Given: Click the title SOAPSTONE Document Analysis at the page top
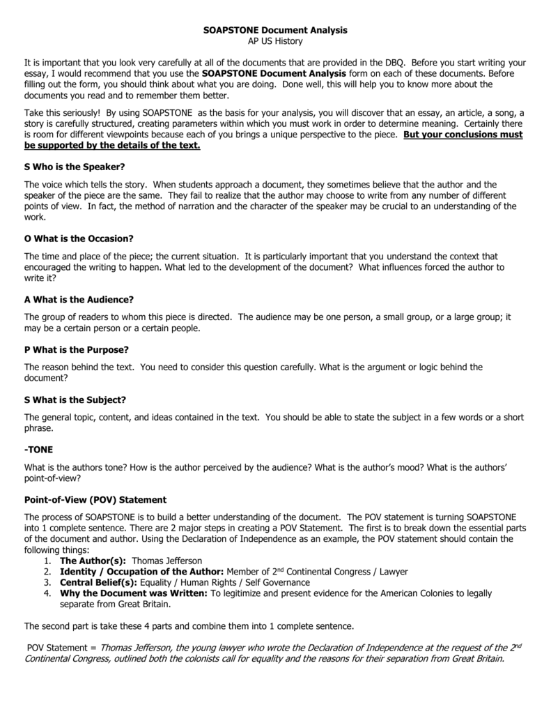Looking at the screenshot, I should (275, 31).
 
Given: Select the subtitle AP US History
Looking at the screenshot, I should (275, 41).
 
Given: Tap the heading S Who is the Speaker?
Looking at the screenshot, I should (74, 167).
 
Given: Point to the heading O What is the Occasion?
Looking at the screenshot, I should (78, 238).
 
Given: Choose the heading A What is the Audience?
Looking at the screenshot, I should (78, 299).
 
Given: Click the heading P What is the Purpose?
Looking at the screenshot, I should (76, 349).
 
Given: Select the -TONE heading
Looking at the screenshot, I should (38, 450).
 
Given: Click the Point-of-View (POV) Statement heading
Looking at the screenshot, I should (95, 500).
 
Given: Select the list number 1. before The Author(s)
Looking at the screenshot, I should (47, 561).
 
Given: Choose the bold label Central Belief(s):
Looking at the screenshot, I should (99, 582).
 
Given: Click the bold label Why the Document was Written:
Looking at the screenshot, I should (134, 593).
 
